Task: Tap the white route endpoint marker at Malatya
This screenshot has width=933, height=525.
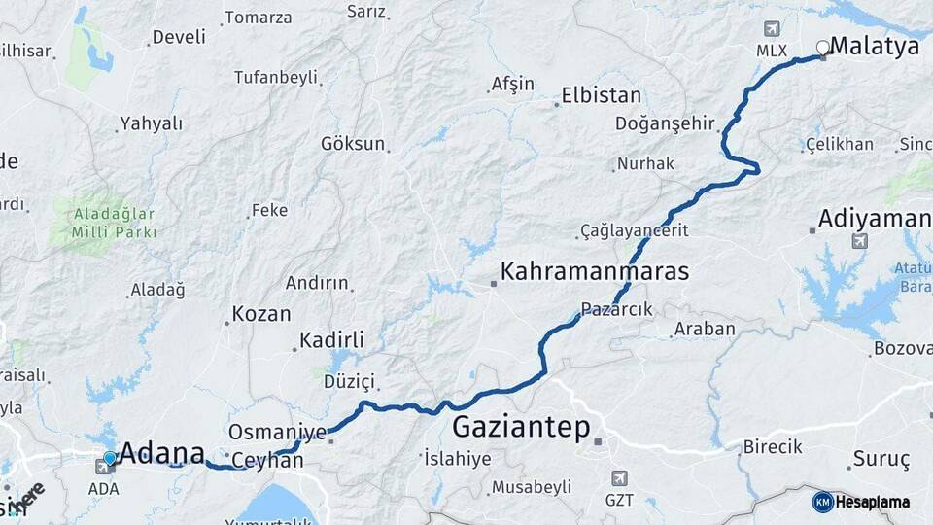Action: click(x=823, y=47)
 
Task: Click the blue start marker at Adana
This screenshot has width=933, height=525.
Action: click(x=110, y=458)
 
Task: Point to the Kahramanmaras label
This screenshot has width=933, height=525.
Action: click(x=594, y=270)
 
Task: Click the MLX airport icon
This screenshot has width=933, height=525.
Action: click(x=773, y=29)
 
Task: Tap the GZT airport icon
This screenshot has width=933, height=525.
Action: click(x=618, y=478)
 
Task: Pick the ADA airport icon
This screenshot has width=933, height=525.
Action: click(x=103, y=468)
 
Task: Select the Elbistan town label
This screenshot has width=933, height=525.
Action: click(x=601, y=95)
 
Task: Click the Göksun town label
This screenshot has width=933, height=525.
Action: click(x=353, y=143)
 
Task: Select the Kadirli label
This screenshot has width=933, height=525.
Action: click(x=331, y=339)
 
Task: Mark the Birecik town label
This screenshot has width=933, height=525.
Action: click(x=773, y=446)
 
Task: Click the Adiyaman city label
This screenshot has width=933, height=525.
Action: click(x=875, y=218)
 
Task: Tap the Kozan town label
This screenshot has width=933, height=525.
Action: click(x=260, y=314)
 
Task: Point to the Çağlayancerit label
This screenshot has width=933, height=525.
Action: click(x=634, y=230)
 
